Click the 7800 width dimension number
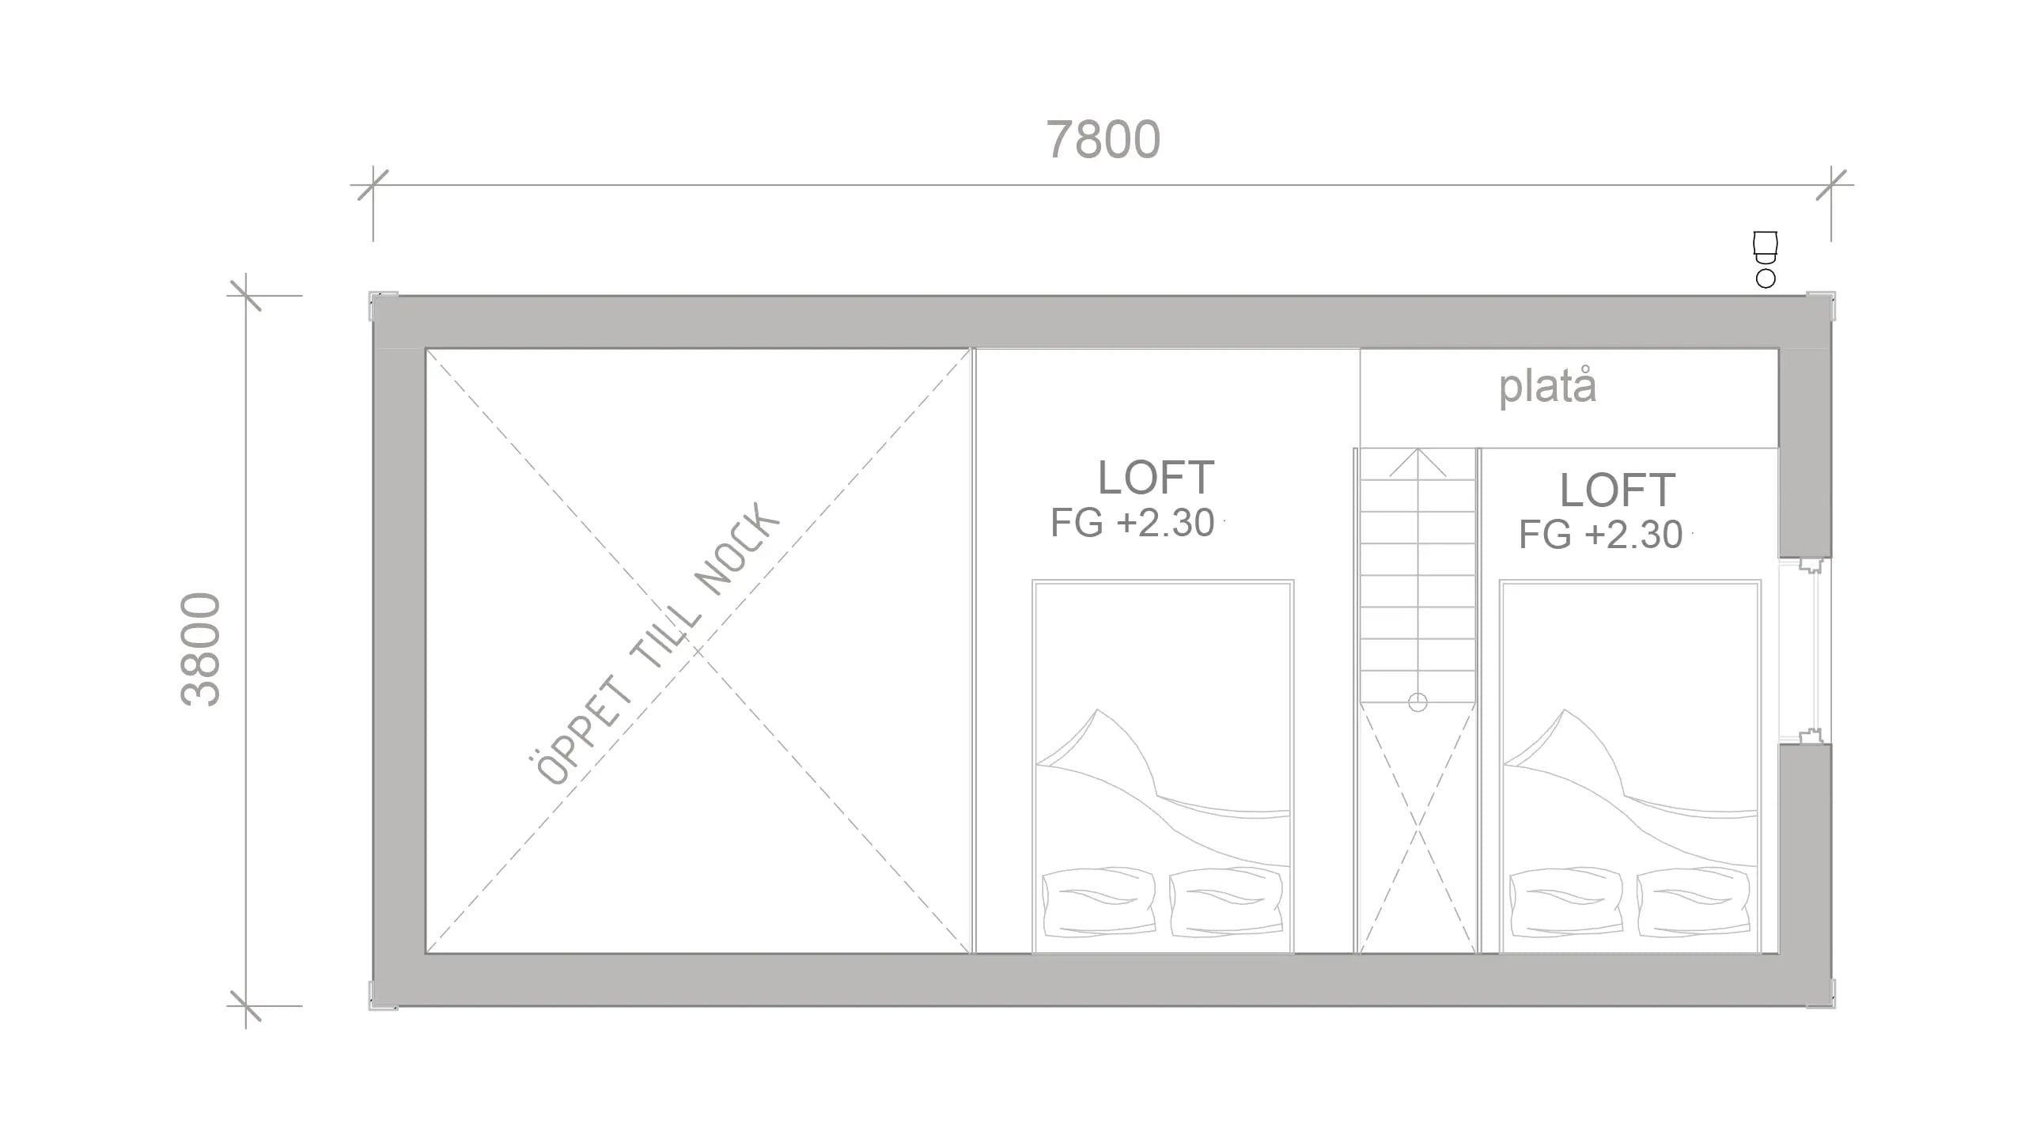pos(1103,139)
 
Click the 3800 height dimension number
pos(200,649)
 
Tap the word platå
pos(1548,387)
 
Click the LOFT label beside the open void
pos(1156,477)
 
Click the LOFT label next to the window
pos(1618,490)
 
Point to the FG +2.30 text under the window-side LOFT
pos(1600,535)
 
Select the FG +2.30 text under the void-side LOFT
pos(1132,523)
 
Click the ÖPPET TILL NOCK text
pos(653,644)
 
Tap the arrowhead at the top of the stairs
pos(1417,463)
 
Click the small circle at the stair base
pos(1417,702)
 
